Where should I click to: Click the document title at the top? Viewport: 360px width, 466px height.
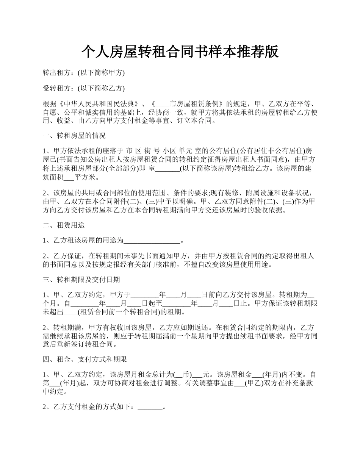(180, 51)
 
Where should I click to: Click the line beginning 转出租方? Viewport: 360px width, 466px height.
(83, 72)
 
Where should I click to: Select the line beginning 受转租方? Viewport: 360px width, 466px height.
(83, 88)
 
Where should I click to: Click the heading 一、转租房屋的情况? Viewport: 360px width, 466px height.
(74, 135)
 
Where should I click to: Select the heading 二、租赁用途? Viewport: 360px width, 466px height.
(64, 225)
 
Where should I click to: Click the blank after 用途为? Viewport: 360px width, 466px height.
(152, 240)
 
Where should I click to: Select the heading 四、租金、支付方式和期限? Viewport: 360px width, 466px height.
(85, 359)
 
